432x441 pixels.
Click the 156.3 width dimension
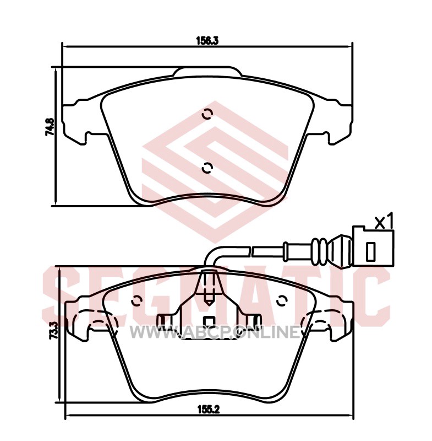tap(207, 41)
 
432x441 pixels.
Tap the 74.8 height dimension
tap(50, 127)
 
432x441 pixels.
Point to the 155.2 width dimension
tap(208, 410)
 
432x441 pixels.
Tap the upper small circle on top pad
tap(207, 114)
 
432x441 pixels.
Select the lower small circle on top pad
tap(207, 168)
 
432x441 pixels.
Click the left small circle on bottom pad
tap(137, 301)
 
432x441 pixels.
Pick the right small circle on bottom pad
tap(282, 301)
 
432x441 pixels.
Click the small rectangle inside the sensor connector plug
tap(370, 252)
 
